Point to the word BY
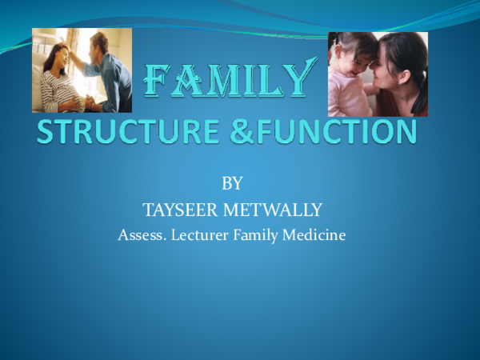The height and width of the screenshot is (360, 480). point(231,184)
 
